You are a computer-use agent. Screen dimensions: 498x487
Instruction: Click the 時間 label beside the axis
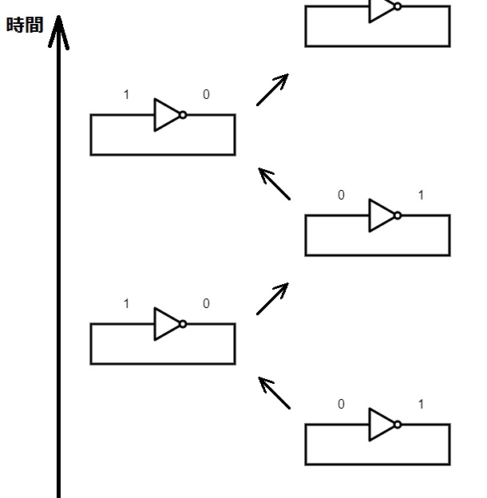coord(24,25)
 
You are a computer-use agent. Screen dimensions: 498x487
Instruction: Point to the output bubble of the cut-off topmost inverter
coord(398,6)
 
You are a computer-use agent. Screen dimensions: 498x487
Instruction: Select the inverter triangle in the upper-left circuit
coord(167,115)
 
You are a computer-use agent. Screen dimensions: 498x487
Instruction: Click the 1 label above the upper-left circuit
coord(126,95)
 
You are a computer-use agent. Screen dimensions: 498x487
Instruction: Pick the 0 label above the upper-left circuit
coord(206,95)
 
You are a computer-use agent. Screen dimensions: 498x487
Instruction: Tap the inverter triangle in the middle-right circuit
coord(382,215)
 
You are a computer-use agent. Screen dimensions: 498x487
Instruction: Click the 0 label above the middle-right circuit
coord(341,196)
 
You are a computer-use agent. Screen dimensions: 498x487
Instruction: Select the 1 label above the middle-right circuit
coord(421,196)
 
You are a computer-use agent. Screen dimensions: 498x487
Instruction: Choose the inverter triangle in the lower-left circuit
coord(167,324)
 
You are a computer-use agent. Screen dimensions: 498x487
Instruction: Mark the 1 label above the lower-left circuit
coord(126,304)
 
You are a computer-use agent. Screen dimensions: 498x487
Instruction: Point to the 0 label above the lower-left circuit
coord(206,304)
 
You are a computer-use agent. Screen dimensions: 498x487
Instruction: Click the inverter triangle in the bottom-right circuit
coord(382,425)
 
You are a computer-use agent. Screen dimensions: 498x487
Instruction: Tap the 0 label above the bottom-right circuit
coord(341,405)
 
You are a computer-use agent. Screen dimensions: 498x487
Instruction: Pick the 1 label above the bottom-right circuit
coord(421,405)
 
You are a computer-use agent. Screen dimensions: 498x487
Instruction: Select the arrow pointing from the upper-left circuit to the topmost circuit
coord(272,89)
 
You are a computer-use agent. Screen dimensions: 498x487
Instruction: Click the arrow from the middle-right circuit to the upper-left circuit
coord(275,184)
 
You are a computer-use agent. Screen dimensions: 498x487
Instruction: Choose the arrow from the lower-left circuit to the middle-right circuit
coord(272,298)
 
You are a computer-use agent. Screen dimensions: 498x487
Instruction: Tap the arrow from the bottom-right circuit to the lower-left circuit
coord(275,393)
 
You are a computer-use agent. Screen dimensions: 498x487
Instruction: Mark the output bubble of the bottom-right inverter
coord(398,425)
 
